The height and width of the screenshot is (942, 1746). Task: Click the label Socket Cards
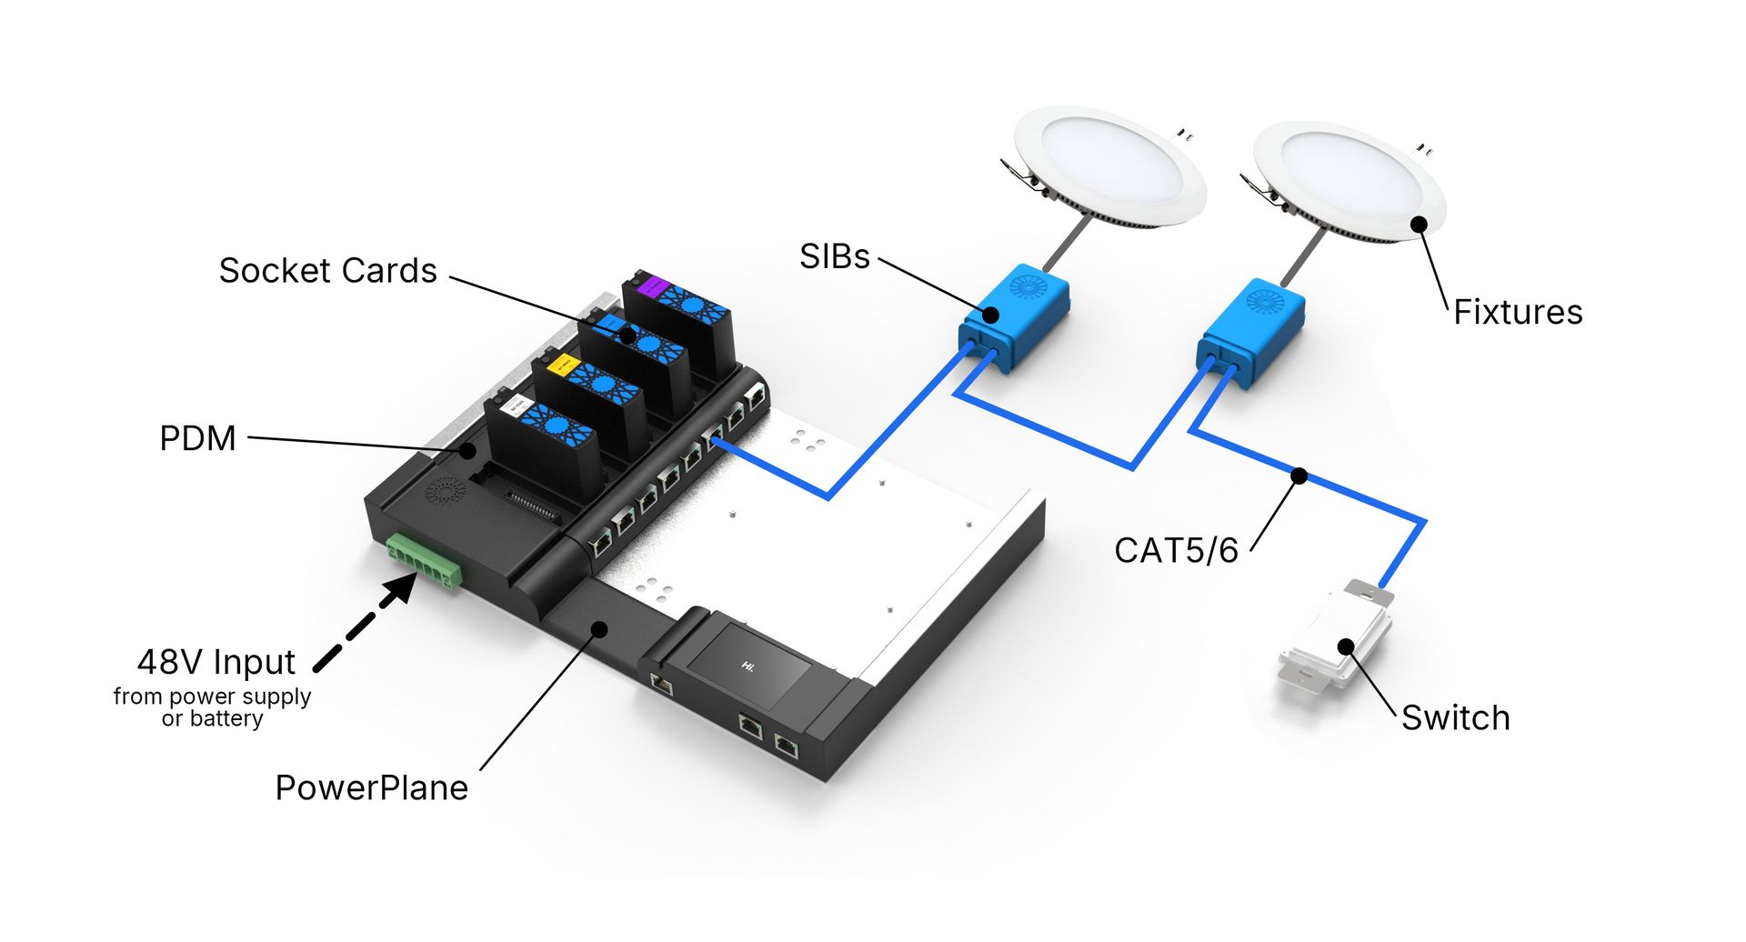point(327,271)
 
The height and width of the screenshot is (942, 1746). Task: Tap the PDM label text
point(197,438)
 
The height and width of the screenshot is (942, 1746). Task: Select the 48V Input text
point(216,662)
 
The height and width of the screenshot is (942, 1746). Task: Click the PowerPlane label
point(371,787)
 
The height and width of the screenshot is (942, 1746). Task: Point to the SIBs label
point(834,256)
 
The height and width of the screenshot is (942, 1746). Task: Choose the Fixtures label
point(1517,312)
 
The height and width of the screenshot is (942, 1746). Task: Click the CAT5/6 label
point(1176,550)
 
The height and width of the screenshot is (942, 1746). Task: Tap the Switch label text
point(1455,717)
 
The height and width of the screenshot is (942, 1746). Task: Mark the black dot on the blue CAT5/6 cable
point(1299,476)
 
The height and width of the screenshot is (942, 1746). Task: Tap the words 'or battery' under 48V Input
point(212,719)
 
